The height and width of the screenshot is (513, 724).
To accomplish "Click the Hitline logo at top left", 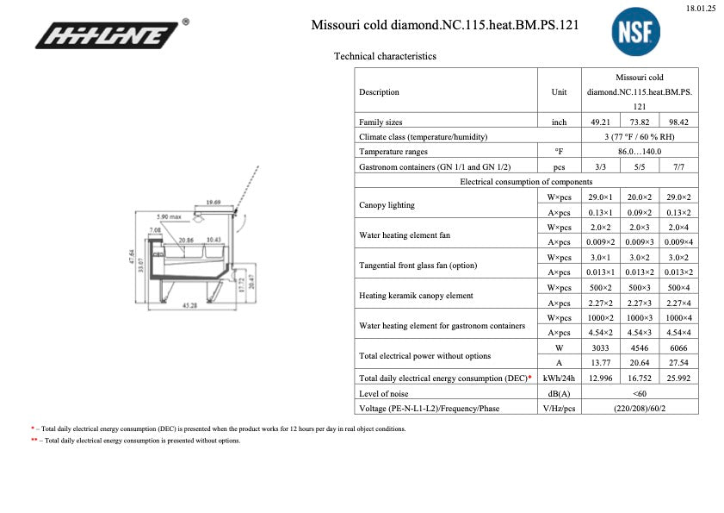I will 108,36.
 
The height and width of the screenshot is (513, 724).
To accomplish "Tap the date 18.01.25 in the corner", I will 701,8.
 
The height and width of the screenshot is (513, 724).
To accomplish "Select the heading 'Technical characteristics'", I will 385,56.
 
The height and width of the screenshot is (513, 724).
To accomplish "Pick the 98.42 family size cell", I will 678,122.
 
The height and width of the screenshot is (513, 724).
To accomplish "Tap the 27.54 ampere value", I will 678,363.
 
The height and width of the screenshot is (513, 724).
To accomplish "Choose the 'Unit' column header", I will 559,92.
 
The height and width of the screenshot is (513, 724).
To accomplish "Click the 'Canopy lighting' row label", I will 387,205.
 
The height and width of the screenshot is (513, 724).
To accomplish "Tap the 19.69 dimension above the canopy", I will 213,202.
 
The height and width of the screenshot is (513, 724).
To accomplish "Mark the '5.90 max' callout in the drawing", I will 168,216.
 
